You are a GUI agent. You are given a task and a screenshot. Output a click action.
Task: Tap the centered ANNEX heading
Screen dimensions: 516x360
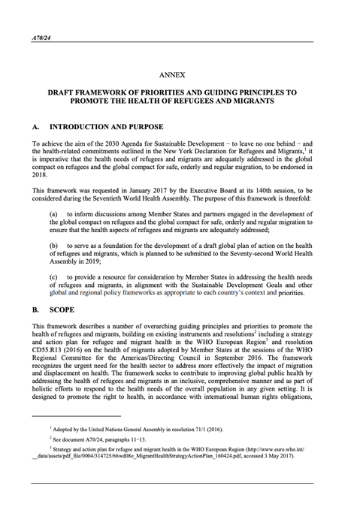click(180, 76)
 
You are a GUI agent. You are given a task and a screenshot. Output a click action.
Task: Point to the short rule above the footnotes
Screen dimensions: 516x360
click(76, 415)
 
